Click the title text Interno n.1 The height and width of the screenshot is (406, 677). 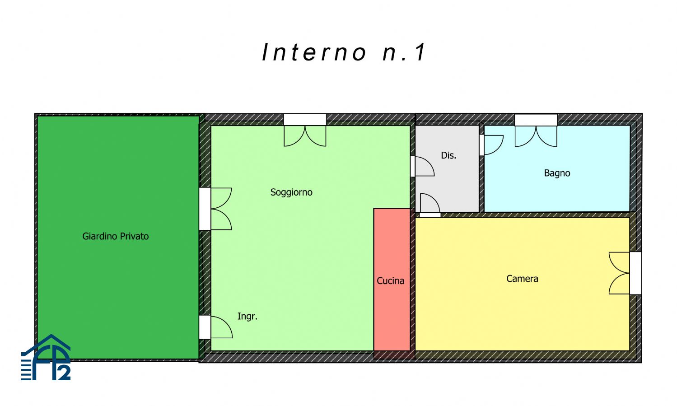pyautogui.click(x=344, y=52)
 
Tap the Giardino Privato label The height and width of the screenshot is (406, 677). pyautogui.click(x=115, y=236)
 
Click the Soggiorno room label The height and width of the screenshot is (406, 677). pyautogui.click(x=291, y=192)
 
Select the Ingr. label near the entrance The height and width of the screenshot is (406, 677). pyautogui.click(x=247, y=316)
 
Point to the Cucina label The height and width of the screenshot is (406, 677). pyautogui.click(x=390, y=281)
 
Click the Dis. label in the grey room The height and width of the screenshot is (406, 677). pyautogui.click(x=448, y=155)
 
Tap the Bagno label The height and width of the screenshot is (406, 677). pyautogui.click(x=557, y=173)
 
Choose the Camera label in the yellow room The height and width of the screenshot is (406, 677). pyautogui.click(x=522, y=279)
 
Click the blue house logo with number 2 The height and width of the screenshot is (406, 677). pyautogui.click(x=46, y=358)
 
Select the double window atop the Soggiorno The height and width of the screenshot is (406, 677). pyautogui.click(x=305, y=131)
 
